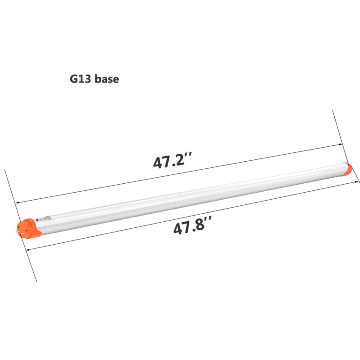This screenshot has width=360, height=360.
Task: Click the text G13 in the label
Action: tap(81, 79)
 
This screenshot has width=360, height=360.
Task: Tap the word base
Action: tap(107, 79)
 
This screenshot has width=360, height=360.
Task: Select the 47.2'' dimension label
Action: tap(173, 161)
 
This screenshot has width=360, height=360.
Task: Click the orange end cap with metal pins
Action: tap(29, 228)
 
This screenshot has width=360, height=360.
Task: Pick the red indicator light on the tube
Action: tap(45, 219)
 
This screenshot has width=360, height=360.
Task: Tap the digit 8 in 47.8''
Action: tap(200, 227)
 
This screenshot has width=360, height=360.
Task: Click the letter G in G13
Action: tap(74, 79)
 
